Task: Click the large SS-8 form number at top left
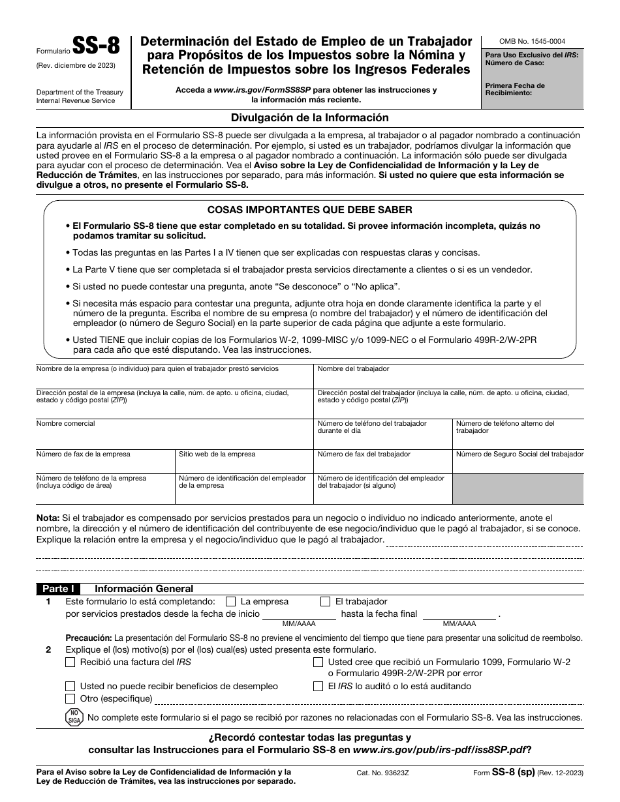tap(95, 47)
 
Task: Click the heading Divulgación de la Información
tap(310, 118)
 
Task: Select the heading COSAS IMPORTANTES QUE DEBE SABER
tap(309, 210)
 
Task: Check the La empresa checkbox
tap(230, 602)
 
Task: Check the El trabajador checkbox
tap(325, 602)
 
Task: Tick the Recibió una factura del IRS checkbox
tap(70, 662)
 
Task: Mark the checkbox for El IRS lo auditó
tap(318, 686)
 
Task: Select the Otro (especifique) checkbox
tap(70, 699)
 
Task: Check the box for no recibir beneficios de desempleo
tap(70, 686)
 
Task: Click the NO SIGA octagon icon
tap(74, 717)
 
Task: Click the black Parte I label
tap(59, 588)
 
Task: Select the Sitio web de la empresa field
tap(243, 463)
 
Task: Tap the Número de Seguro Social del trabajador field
tap(519, 463)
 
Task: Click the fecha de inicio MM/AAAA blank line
tap(298, 614)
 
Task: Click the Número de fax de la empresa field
tap(104, 463)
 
